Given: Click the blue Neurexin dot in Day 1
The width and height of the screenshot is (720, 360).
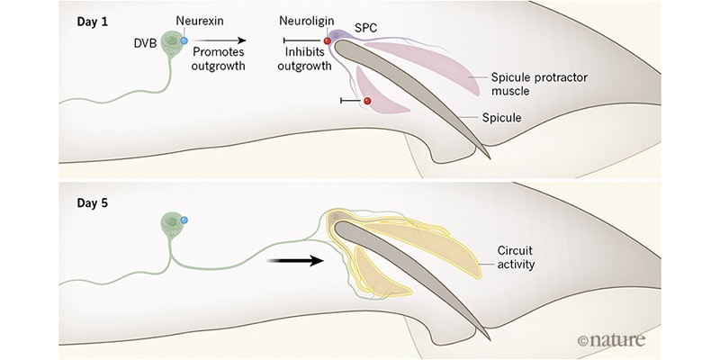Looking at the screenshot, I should [184, 40].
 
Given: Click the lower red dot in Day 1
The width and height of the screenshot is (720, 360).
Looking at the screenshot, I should [366, 102].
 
